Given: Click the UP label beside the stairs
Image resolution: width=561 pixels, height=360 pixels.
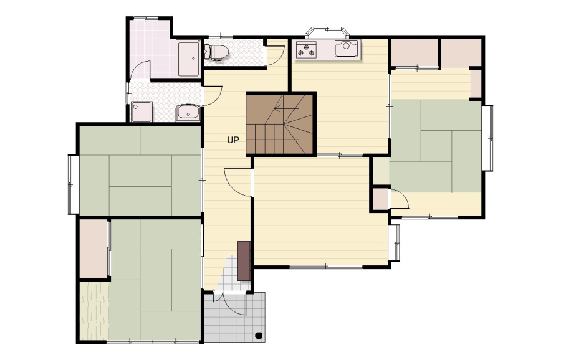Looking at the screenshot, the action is coord(233,140).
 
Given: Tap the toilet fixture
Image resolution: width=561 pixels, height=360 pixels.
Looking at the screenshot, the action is coord(216,52).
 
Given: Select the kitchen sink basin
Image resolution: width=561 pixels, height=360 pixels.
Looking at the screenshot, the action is coord(346,48).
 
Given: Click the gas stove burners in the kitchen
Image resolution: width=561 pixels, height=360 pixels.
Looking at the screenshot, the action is coord(306,50).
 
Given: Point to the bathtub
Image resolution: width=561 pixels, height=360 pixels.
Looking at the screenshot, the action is coord(188,59).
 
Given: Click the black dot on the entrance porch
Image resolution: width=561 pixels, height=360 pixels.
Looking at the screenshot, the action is coord(259,336).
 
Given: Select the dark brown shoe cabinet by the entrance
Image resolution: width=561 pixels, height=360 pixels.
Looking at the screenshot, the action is coord(244,261).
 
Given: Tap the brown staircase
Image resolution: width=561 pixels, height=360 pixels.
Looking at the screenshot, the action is coord(281,124).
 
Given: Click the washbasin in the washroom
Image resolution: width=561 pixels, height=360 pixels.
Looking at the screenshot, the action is coord(188,112).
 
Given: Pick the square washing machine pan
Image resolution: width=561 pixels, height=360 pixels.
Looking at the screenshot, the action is coord(141,111).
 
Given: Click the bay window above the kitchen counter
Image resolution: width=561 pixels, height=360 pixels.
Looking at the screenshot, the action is coord(327,32).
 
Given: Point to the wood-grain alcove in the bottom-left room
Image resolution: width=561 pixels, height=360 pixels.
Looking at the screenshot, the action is coord(93,311).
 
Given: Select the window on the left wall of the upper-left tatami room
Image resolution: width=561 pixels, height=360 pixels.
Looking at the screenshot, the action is coord(73,184).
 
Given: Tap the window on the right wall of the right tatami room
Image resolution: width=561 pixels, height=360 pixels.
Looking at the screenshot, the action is coord(487,138).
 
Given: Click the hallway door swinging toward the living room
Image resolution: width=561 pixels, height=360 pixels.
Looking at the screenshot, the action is coord(237,182).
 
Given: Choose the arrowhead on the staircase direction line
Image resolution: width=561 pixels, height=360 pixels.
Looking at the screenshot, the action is coord(277,107).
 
